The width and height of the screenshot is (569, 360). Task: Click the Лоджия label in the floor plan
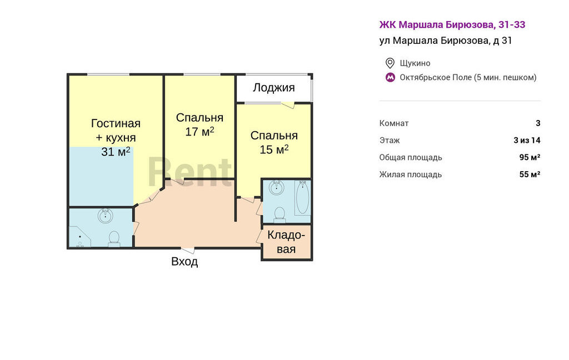273,88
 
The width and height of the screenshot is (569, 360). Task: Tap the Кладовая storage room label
286,242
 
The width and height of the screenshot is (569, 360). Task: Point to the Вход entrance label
184,261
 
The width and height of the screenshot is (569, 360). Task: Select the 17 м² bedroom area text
199,131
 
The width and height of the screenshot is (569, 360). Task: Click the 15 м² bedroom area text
274,149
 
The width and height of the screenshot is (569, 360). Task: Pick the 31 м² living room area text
116,151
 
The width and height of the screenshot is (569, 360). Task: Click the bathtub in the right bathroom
302,197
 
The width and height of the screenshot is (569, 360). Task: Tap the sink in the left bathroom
105,216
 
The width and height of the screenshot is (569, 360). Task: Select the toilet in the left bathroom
114,239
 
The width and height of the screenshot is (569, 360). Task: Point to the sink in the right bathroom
277,188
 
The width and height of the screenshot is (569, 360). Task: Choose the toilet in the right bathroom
279,214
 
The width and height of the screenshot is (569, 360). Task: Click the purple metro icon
390,77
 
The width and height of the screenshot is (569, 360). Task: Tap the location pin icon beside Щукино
390,63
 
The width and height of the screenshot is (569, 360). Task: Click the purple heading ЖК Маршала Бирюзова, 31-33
452,24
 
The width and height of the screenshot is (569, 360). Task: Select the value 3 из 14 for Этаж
527,140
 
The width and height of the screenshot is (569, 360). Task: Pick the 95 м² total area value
530,157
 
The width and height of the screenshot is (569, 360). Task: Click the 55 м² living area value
530,174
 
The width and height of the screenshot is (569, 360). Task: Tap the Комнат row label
394,123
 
